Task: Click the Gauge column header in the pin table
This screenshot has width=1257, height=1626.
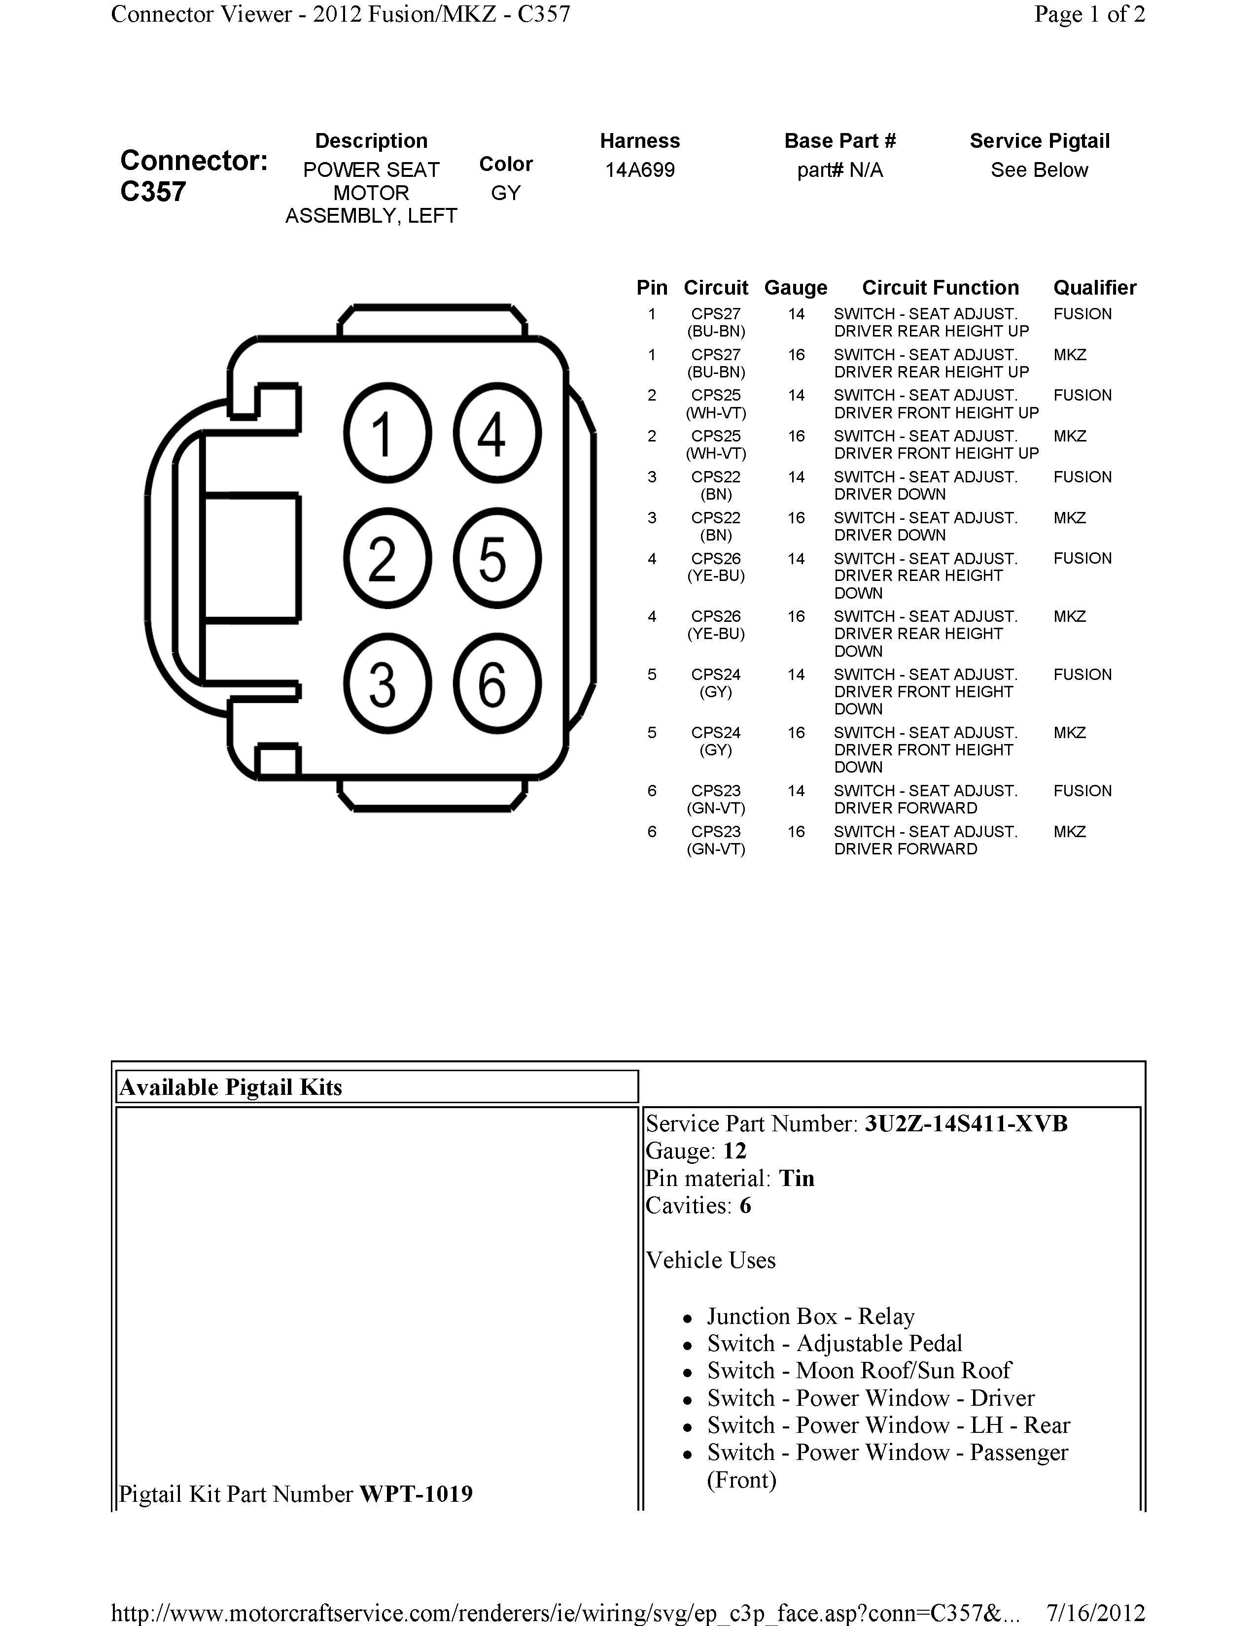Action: [795, 288]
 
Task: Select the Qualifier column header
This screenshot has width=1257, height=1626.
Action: [1094, 288]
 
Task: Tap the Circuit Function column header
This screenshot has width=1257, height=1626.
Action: [940, 288]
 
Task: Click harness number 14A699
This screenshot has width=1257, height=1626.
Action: [640, 170]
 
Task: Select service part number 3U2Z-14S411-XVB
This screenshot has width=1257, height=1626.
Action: [966, 1123]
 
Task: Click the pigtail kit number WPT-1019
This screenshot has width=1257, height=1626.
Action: [416, 1494]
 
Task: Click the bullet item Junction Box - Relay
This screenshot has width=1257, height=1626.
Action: [810, 1316]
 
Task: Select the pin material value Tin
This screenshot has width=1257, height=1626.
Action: [796, 1179]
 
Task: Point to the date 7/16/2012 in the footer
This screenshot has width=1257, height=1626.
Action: [1095, 1613]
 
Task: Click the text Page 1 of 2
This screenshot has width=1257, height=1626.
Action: [1089, 14]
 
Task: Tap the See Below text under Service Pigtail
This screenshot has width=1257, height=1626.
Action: [1039, 170]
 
